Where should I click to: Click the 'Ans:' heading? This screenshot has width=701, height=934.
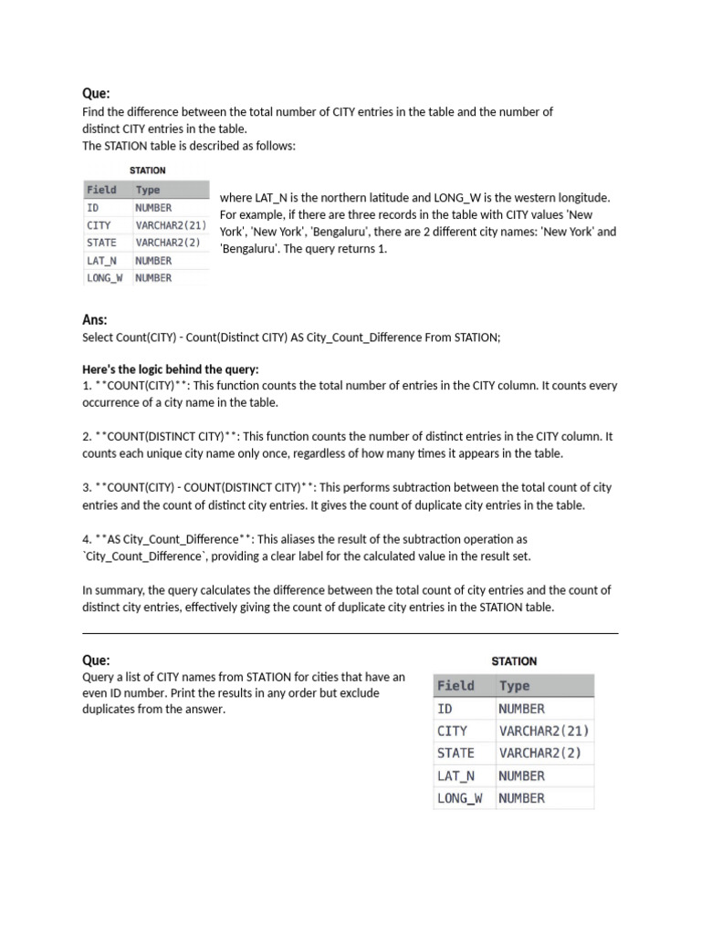(95, 320)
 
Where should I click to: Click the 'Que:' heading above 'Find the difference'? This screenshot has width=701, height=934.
(96, 94)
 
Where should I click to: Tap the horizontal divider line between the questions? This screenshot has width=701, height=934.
(350, 633)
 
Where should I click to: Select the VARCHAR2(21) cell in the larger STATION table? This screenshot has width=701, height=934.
(544, 731)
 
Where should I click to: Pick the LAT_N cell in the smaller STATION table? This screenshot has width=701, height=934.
(102, 261)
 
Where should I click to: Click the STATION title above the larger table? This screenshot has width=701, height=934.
(514, 661)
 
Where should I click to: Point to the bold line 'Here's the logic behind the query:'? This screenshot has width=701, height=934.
(171, 369)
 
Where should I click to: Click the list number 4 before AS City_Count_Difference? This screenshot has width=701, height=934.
(86, 539)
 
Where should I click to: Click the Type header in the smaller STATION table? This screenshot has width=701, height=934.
(148, 190)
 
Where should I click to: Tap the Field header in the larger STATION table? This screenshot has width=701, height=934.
(455, 686)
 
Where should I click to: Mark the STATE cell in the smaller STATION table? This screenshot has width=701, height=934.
(102, 243)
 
